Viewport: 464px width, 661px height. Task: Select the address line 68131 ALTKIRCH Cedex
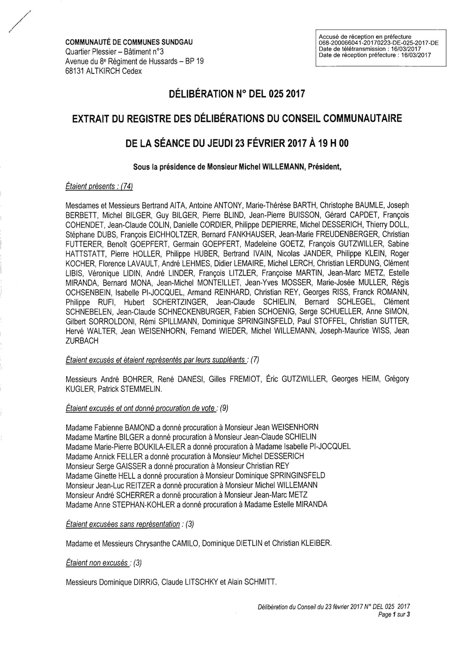coord(104,71)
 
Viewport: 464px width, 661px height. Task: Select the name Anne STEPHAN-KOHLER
coord(123,504)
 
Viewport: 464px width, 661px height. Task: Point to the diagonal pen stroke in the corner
coord(19,22)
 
